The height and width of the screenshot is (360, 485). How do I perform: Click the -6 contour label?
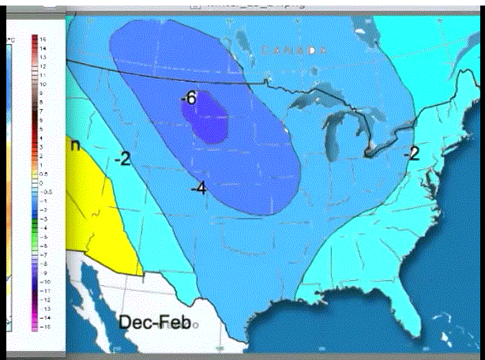(187, 99)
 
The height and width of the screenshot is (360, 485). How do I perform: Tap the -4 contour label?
(198, 187)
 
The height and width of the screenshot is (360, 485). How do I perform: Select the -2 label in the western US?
(122, 159)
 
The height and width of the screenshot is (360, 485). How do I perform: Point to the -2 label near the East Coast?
(411, 153)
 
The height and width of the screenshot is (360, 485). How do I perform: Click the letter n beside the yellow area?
(75, 144)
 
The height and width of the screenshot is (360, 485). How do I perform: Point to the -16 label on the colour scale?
(45, 324)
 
